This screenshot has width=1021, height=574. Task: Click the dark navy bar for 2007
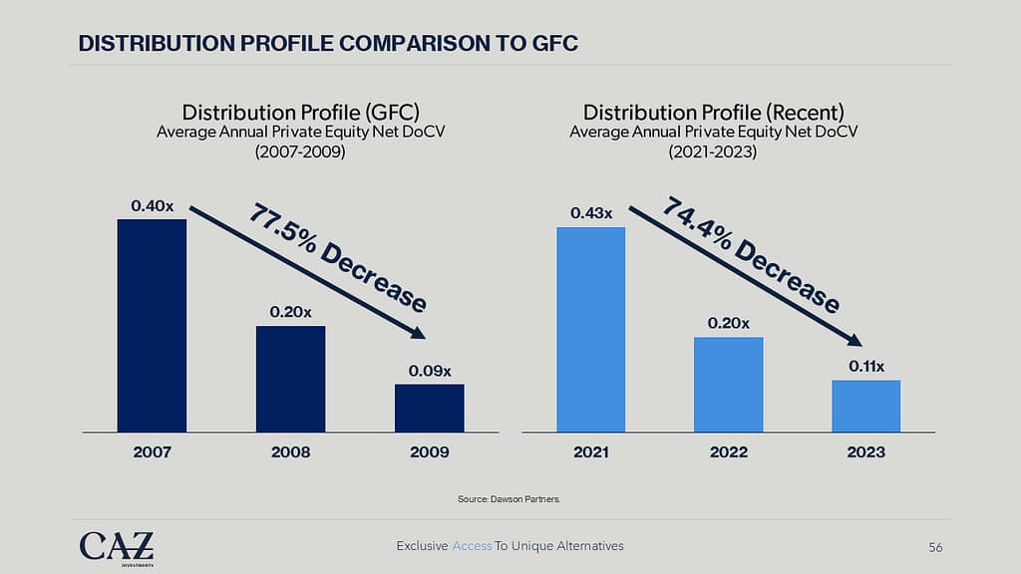tap(152, 325)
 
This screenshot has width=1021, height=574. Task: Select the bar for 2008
tap(290, 379)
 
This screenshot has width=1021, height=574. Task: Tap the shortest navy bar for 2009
tap(429, 408)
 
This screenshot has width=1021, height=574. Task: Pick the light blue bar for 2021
tap(590, 329)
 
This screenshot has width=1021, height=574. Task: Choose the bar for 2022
tap(729, 384)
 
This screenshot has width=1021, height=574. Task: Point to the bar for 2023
tap(866, 406)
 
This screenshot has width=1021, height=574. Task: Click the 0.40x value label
tap(152, 206)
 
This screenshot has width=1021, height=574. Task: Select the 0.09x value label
tap(429, 371)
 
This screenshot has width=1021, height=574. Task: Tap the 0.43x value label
tap(591, 213)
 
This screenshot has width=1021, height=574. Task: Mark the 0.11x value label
tap(867, 367)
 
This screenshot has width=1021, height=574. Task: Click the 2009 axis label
tap(429, 452)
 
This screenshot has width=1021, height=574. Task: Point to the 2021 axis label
tap(591, 452)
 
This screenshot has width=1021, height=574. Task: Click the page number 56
tap(935, 546)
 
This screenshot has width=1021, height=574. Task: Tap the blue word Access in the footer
tap(472, 546)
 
